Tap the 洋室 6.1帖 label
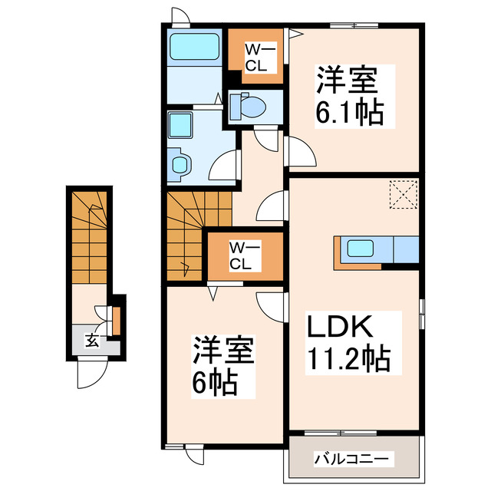pyautogui.click(x=349, y=95)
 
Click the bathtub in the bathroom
pyautogui.click(x=194, y=48)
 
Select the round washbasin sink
pyautogui.click(x=181, y=163)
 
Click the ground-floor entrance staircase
pyautogui.click(x=91, y=238)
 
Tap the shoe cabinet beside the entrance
pyautogui.click(x=116, y=321)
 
